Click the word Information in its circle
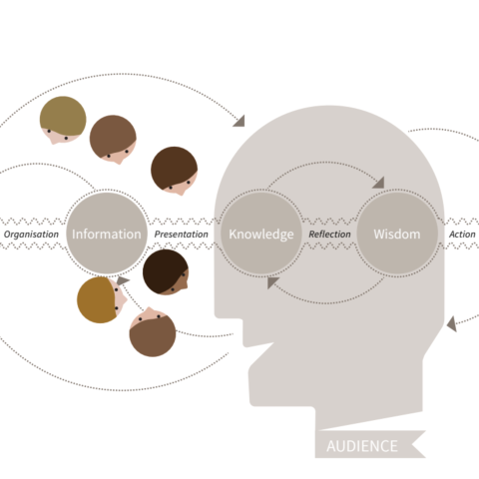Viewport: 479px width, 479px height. [107, 235]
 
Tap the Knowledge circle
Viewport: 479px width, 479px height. [261, 234]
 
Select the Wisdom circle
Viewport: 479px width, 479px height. [397, 234]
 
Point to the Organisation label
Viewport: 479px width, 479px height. [31, 235]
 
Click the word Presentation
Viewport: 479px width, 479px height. [182, 235]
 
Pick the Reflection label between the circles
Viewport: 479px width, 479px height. [329, 235]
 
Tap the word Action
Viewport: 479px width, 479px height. [462, 235]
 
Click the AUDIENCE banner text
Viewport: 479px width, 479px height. [362, 446]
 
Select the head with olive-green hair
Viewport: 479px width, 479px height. [63, 120]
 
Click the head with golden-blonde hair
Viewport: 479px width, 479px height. [101, 299]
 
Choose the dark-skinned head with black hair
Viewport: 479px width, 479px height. [166, 272]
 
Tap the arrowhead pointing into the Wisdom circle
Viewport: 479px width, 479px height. [378, 183]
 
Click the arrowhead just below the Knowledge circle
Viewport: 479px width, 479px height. [272, 282]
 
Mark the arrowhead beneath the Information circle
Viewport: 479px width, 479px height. [123, 280]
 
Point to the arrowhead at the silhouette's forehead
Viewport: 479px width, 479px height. [239, 121]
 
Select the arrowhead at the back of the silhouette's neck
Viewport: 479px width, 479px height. [452, 324]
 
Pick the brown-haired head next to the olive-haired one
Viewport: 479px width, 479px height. [113, 139]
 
